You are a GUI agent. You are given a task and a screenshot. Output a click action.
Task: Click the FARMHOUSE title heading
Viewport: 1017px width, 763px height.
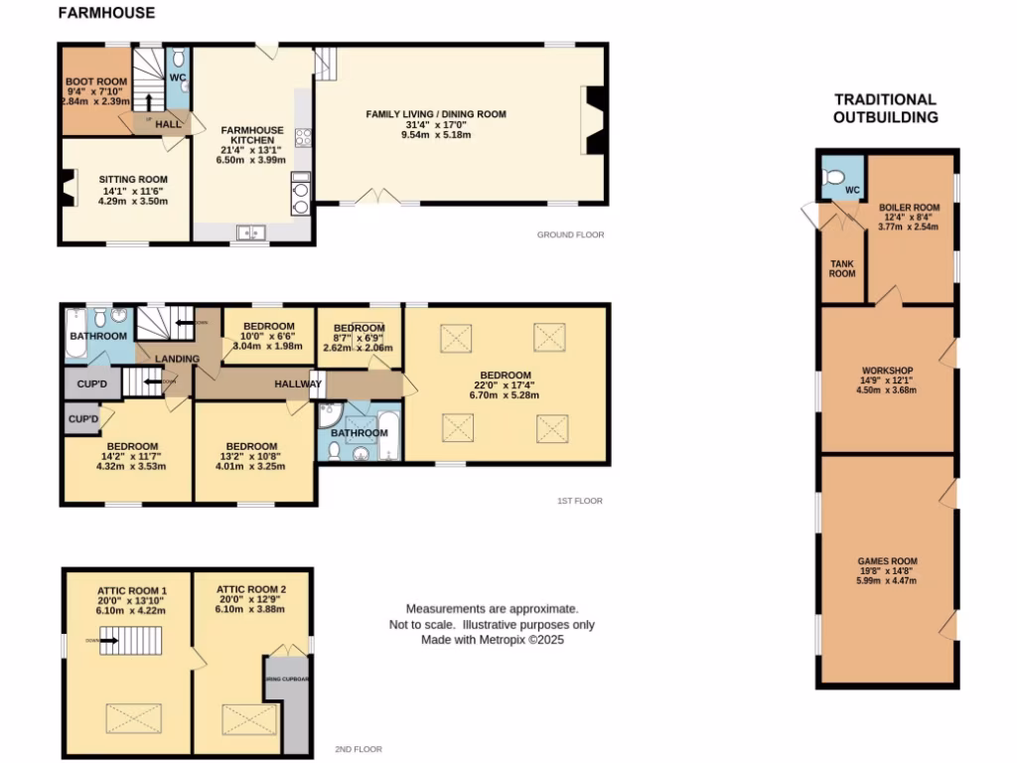(106, 13)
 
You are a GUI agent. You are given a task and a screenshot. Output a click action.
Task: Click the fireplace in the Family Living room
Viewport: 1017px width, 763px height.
(594, 120)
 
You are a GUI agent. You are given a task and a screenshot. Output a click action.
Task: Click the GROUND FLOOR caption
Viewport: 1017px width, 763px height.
(570, 235)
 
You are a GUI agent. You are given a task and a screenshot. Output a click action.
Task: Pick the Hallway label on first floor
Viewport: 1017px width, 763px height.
(297, 383)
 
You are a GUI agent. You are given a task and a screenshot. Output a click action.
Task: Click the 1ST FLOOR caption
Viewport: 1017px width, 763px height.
(579, 502)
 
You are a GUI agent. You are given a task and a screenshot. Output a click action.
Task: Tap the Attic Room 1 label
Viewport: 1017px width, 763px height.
(131, 600)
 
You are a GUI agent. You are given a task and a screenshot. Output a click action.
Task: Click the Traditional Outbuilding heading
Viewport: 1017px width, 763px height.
(884, 108)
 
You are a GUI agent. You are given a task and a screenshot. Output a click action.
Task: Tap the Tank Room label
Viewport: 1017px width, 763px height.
(842, 268)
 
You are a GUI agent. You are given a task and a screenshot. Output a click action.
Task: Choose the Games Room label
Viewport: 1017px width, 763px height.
(888, 571)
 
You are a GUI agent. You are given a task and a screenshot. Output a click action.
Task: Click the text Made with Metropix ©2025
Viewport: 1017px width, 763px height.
(492, 641)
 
